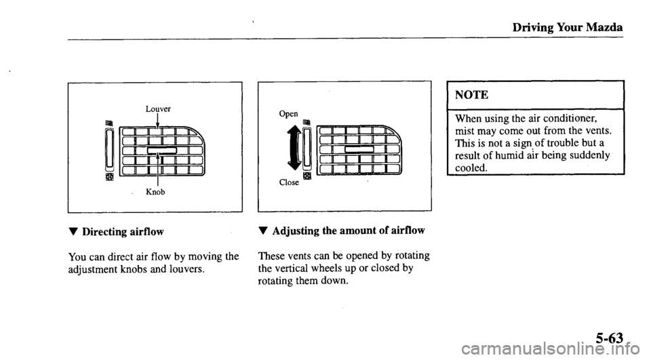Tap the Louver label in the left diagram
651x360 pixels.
(x=158, y=108)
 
